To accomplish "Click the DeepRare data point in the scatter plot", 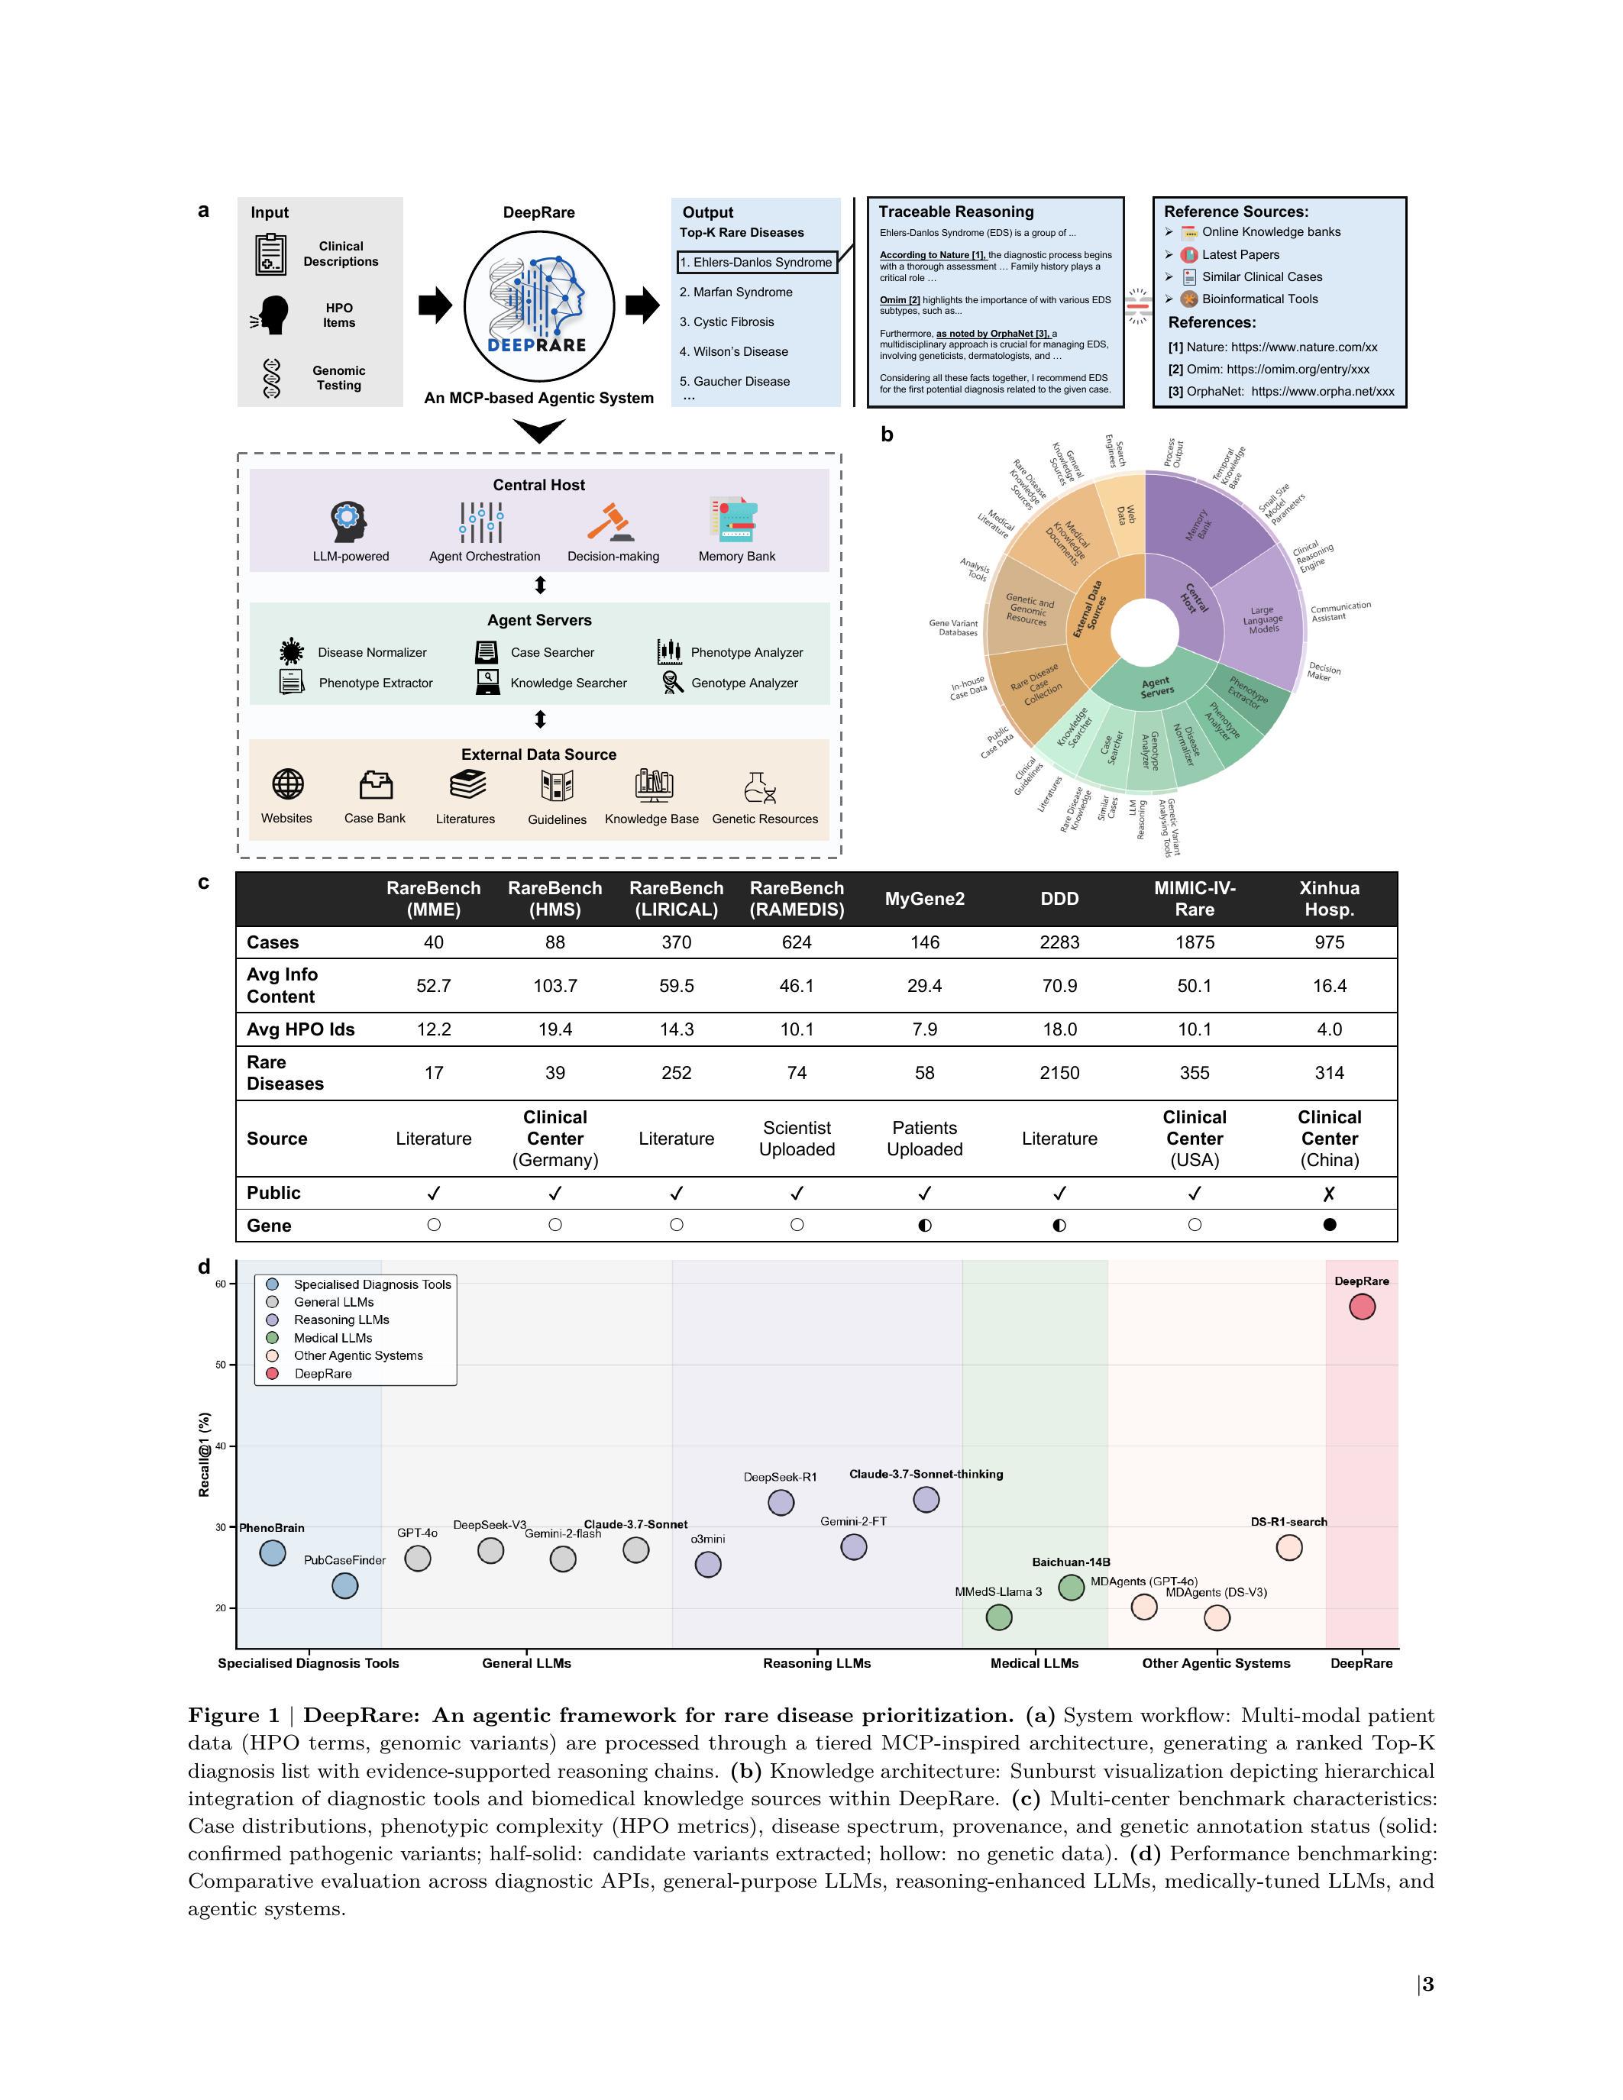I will pyautogui.click(x=1362, y=1307).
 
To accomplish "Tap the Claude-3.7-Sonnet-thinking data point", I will pyautogui.click(x=926, y=1499).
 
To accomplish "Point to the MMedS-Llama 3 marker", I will pyautogui.click(x=999, y=1617).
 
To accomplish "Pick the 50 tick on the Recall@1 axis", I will pyautogui.click(x=221, y=1365).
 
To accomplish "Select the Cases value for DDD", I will pyautogui.click(x=1059, y=942).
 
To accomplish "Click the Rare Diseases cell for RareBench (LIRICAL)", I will pyautogui.click(x=676, y=1072).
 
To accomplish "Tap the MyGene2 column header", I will pyautogui.click(x=924, y=899).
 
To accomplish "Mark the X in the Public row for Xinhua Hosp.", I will pyautogui.click(x=1329, y=1194).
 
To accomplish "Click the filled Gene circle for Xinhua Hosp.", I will pyautogui.click(x=1329, y=1225).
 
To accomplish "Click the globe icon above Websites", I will pyautogui.click(x=287, y=784).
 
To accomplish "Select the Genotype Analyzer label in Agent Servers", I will pyautogui.click(x=744, y=683).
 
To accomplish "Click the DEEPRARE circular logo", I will pyautogui.click(x=538, y=305).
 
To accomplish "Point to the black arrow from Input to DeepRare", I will pyautogui.click(x=435, y=305).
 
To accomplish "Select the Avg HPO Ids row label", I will pyautogui.click(x=300, y=1029).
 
